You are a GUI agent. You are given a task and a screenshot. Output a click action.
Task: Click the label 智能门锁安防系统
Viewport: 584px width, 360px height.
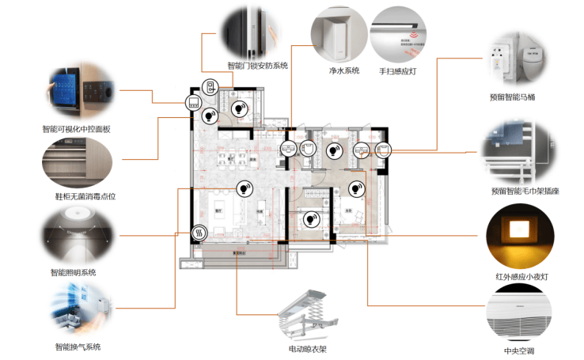pos(257,66)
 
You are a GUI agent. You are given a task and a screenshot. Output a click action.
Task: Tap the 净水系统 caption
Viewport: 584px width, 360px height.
pos(344,70)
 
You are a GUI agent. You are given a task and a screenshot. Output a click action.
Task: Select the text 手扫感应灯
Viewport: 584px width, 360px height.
pos(398,70)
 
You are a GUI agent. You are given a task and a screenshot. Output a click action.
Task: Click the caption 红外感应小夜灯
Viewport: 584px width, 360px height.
pos(518,277)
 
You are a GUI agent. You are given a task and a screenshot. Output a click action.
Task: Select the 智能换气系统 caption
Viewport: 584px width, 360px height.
pos(78,347)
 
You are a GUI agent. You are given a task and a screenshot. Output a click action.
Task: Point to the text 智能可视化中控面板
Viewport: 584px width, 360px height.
pos(77,128)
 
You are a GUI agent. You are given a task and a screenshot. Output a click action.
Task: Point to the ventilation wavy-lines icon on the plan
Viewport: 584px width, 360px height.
pos(199,233)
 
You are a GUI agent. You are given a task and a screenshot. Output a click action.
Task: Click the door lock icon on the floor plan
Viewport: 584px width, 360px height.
pos(211,88)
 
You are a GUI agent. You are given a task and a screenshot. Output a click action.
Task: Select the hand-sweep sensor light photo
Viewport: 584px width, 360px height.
pos(399,35)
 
